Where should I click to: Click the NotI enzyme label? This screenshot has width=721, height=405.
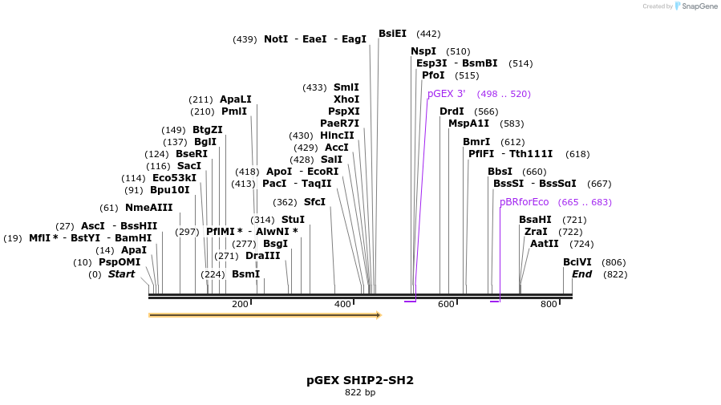[x=275, y=38]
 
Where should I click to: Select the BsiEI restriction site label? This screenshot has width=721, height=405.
[x=392, y=34]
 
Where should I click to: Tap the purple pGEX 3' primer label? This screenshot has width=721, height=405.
[x=446, y=94]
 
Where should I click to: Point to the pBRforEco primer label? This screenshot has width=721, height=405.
[x=524, y=202]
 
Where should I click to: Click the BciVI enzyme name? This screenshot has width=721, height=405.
[x=577, y=262]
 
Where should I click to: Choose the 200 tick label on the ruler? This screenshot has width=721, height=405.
[x=240, y=305]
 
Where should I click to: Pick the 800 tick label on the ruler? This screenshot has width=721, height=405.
[x=549, y=305]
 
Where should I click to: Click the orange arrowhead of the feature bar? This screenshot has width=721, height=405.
[x=378, y=315]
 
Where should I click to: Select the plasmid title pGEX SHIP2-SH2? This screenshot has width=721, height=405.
[x=360, y=380]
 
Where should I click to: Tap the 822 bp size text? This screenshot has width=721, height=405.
[x=360, y=393]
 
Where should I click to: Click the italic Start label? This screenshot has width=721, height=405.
[x=121, y=274]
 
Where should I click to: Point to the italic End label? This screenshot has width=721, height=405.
[x=581, y=274]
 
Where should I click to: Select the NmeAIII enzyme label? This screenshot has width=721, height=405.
[x=148, y=208]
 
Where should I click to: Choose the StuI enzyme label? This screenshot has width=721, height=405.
[x=293, y=219]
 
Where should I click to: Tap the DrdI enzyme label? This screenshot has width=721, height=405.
[x=452, y=111]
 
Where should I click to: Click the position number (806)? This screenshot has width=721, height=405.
[x=614, y=262]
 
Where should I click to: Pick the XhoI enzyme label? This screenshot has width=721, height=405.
[x=346, y=99]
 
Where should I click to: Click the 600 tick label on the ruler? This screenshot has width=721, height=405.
[x=446, y=305]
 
